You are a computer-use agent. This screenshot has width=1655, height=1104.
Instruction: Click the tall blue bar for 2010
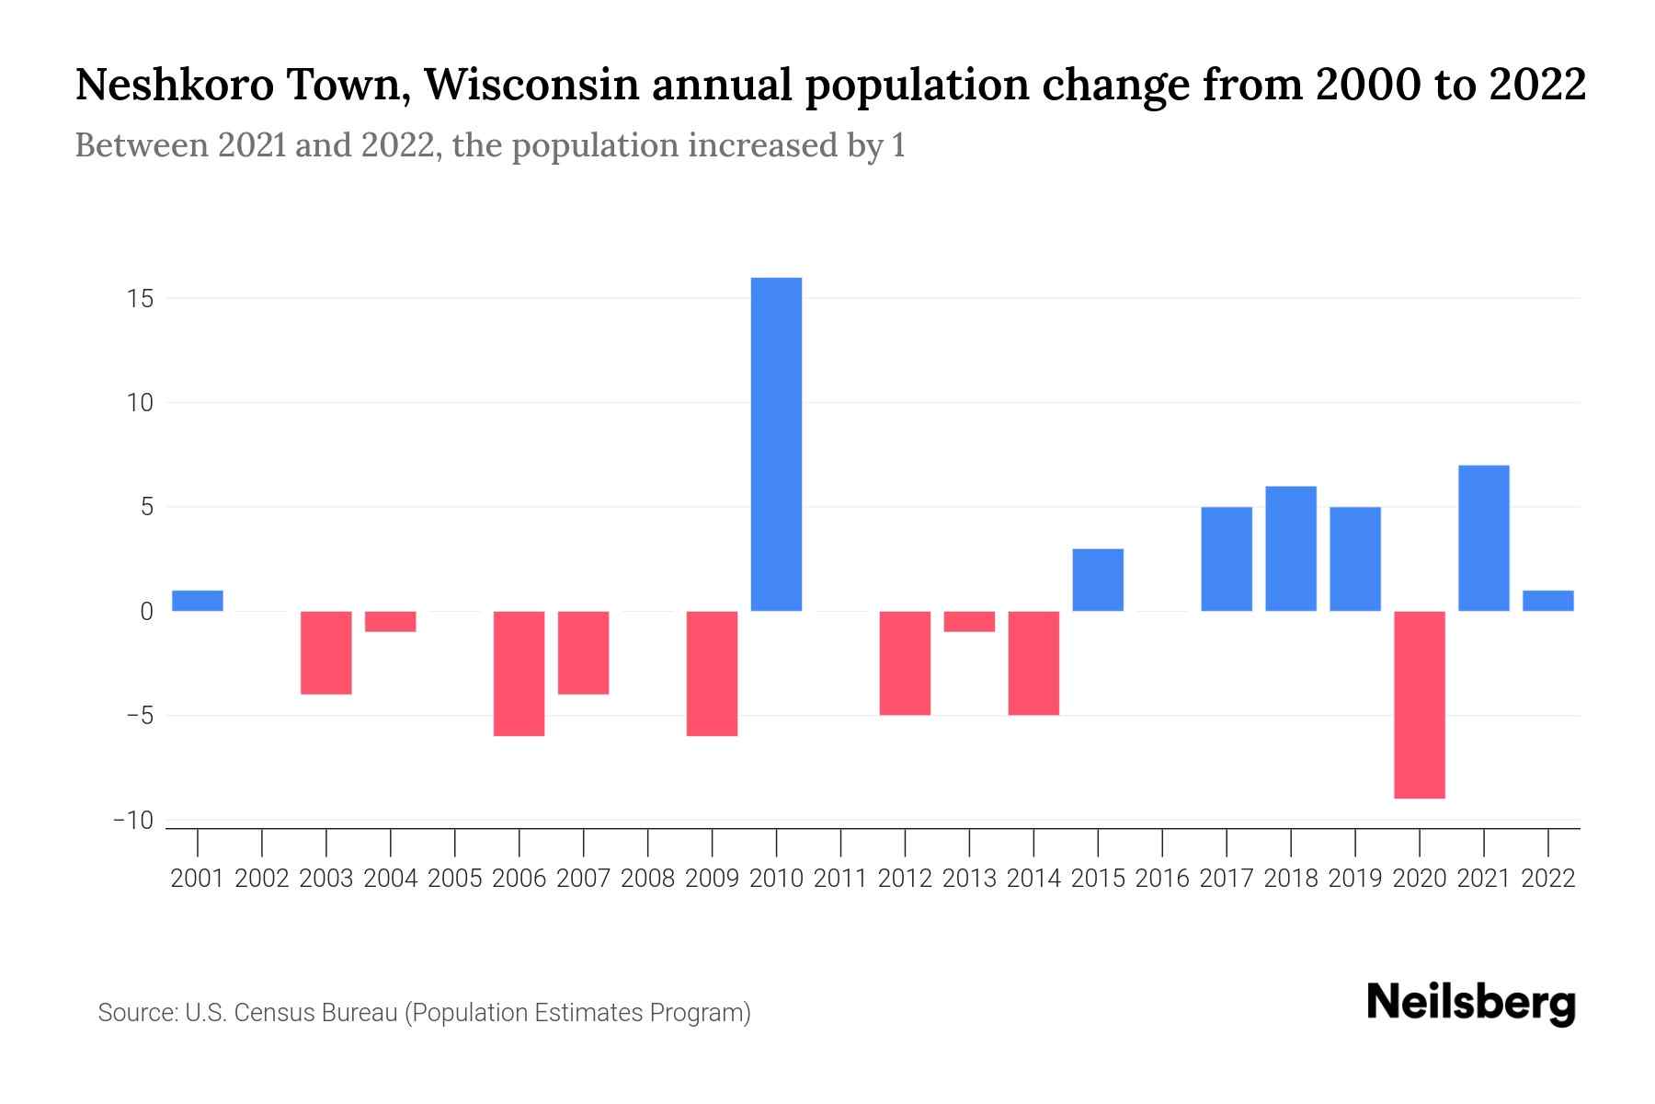(x=776, y=443)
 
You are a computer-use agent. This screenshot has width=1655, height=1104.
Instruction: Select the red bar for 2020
(x=1419, y=704)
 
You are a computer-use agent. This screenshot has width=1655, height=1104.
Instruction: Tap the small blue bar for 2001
(x=198, y=601)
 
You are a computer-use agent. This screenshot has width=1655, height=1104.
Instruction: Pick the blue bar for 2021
(x=1483, y=538)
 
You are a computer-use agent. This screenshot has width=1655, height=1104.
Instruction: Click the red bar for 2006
(x=519, y=673)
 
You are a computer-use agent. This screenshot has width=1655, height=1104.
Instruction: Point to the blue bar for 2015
(x=1098, y=580)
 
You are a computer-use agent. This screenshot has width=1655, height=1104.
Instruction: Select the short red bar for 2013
(x=969, y=622)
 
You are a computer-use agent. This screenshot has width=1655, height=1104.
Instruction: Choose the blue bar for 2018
(x=1290, y=548)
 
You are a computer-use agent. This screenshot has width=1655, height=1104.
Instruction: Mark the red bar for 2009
(x=712, y=673)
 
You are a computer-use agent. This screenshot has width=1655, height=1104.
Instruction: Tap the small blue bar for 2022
(x=1547, y=601)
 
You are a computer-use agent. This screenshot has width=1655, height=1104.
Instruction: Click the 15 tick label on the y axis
(x=140, y=299)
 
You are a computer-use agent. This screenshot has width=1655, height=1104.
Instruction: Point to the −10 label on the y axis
(x=132, y=821)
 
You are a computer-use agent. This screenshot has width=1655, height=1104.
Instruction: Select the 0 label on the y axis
(x=146, y=612)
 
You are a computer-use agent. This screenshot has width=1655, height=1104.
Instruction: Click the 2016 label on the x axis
(x=1162, y=879)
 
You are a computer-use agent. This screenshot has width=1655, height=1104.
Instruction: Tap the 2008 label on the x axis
(x=647, y=879)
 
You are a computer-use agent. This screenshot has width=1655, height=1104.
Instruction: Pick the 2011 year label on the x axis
(x=840, y=879)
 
